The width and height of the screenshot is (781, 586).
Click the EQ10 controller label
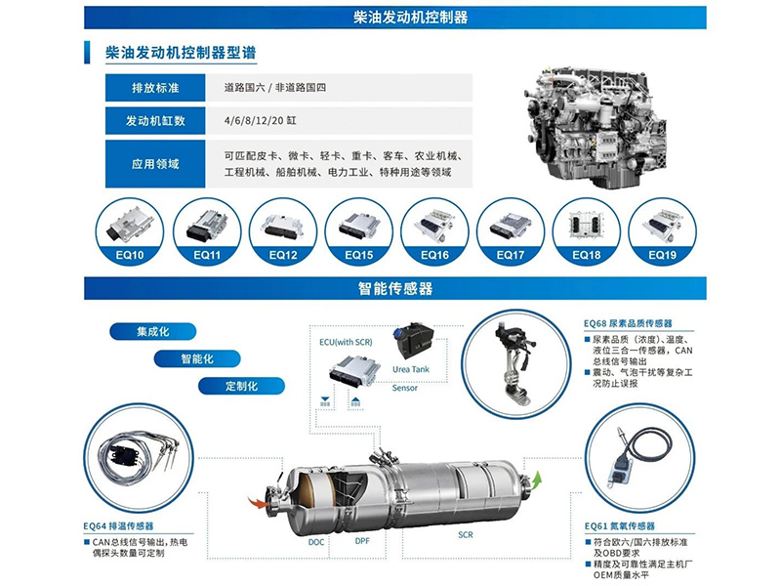(x=131, y=255)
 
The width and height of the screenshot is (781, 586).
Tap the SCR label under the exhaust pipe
(x=466, y=536)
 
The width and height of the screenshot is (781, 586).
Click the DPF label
(x=360, y=540)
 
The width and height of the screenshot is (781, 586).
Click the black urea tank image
(x=420, y=342)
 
